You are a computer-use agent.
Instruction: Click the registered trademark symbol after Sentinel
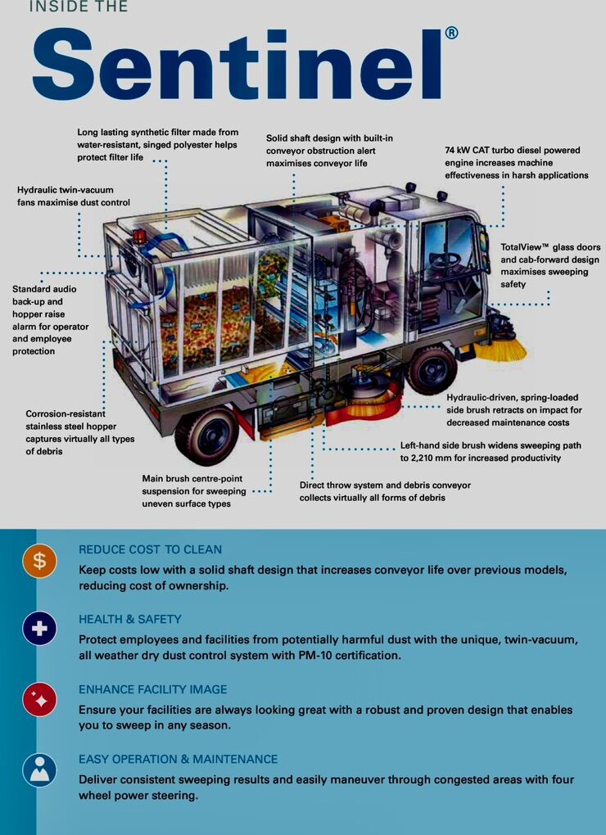pos(451,34)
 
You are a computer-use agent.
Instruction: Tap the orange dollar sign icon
pos(39,560)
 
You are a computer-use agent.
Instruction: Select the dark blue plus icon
pos(39,629)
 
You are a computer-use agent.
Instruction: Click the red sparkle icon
pos(39,699)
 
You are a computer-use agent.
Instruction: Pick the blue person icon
pos(39,770)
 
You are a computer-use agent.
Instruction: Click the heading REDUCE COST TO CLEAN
pos(150,549)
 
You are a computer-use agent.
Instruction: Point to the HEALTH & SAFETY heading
pos(130,620)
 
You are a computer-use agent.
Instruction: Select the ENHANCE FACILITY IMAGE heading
pos(153,689)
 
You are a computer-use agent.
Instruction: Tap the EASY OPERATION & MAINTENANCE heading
pos(179,760)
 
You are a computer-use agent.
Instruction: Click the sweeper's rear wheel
pos(206,435)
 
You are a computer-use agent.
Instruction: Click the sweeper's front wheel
pos(432,368)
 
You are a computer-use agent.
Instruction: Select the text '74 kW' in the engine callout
pos(457,150)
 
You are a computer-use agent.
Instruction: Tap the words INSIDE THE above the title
pos(78,7)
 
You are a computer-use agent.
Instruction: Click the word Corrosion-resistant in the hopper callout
pos(66,413)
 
